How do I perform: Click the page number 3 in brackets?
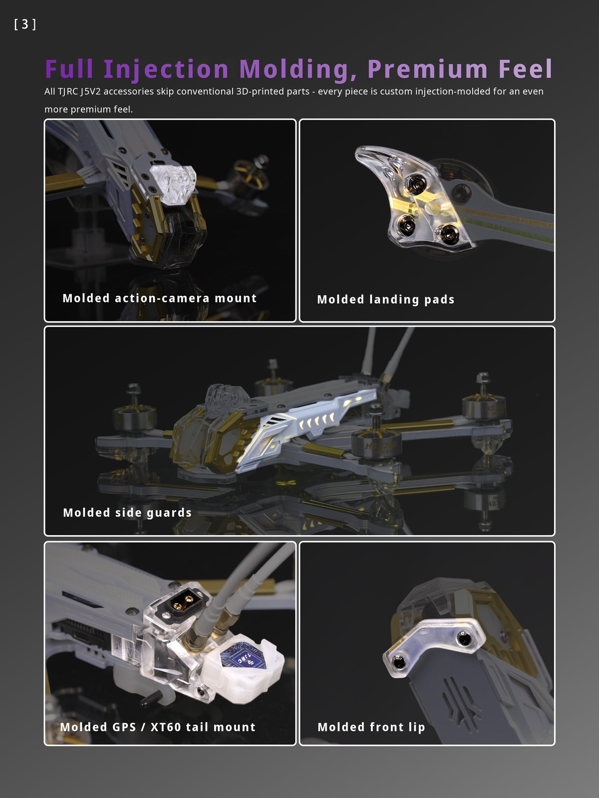tap(25, 24)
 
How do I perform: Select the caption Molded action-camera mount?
tap(160, 298)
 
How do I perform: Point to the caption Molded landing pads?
tap(386, 300)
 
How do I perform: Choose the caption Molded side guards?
tap(127, 513)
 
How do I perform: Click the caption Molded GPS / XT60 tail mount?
tap(158, 727)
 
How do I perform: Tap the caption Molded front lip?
tap(371, 727)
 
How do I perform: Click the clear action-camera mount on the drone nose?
tap(174, 185)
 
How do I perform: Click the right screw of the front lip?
tap(464, 638)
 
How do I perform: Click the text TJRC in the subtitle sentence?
tap(68, 91)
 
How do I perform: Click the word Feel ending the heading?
tap(526, 69)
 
